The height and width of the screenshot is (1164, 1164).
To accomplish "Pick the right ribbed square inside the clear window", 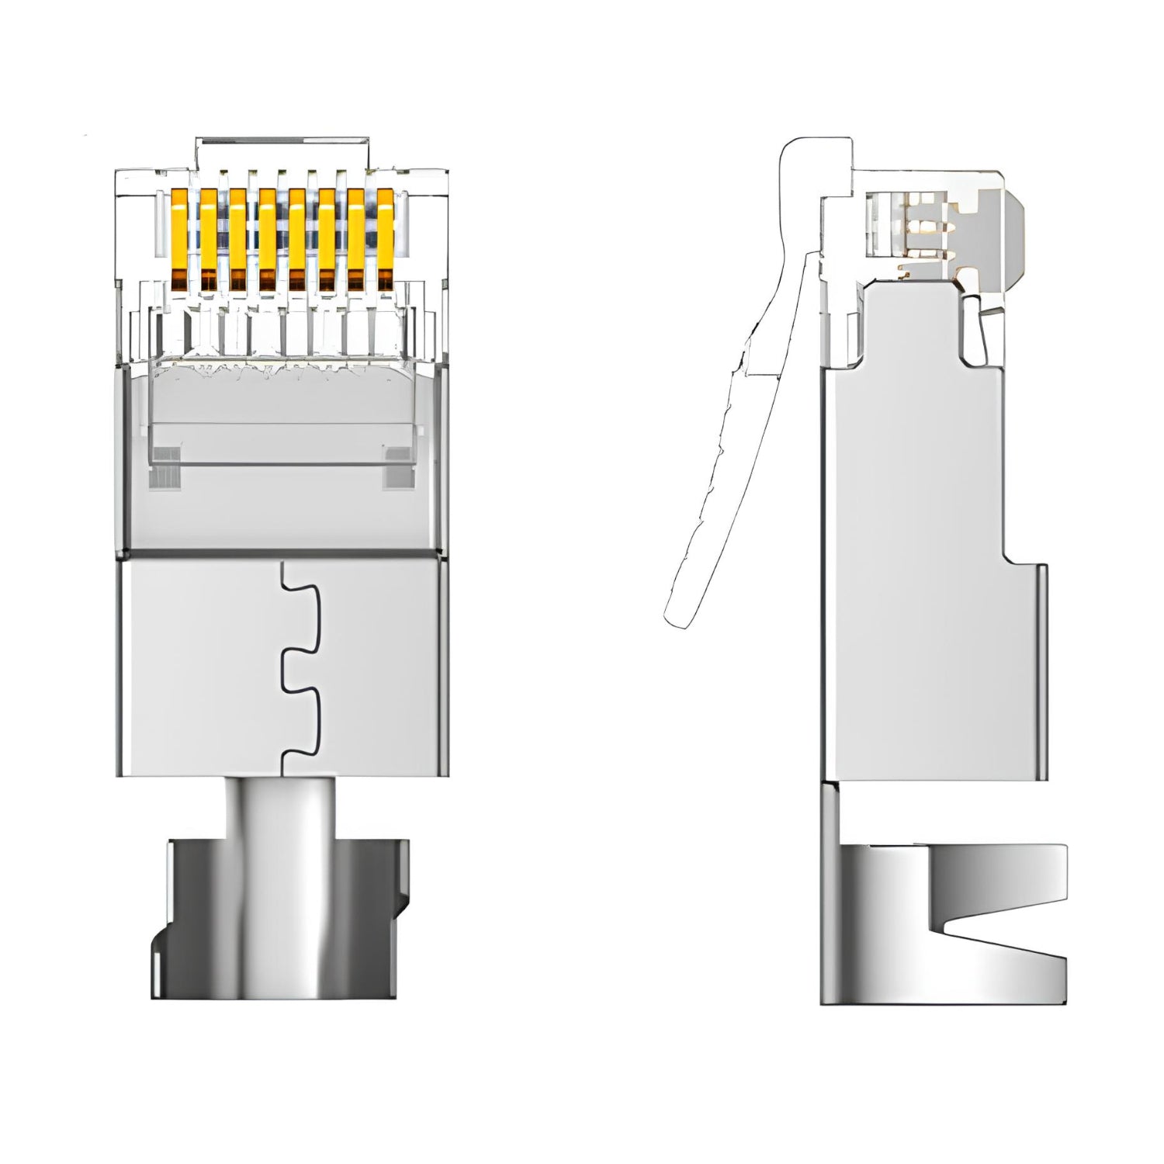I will (x=398, y=467).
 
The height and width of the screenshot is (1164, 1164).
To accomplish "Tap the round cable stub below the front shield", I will (x=282, y=807).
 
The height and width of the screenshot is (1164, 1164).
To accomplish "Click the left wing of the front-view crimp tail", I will (x=194, y=916).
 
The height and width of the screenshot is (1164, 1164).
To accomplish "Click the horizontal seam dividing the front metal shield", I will (x=282, y=554).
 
